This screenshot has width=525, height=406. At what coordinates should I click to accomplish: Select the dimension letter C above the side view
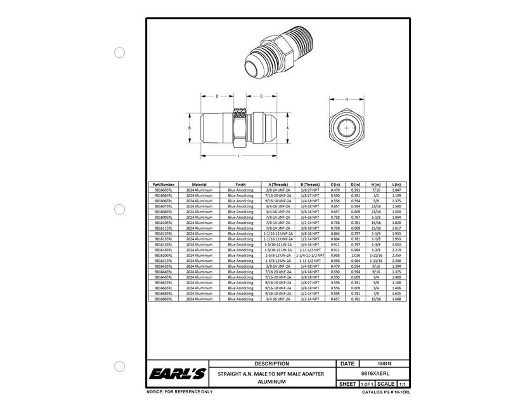[261, 96]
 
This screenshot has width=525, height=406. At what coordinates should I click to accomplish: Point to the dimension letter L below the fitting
[238, 155]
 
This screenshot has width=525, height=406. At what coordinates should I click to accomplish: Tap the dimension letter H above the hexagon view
[347, 100]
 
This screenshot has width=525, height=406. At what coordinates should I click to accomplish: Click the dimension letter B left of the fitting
[190, 128]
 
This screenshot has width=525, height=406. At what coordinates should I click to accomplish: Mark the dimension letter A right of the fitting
[288, 128]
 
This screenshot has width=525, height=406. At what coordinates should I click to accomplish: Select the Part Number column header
[164, 184]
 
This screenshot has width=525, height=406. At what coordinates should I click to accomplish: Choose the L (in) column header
[398, 184]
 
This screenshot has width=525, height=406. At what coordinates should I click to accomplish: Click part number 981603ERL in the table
[164, 190]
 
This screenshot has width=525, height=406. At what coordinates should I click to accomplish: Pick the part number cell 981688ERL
[164, 298]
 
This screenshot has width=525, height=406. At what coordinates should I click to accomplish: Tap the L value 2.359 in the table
[398, 255]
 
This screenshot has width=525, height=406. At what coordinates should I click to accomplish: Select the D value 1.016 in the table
[356, 255]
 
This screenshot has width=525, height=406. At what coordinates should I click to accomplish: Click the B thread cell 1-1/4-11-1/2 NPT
[310, 255]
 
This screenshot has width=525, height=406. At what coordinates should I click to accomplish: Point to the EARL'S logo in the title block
[177, 375]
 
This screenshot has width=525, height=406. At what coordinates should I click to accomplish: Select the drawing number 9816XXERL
[373, 374]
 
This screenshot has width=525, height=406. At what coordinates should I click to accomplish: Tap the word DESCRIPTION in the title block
[271, 364]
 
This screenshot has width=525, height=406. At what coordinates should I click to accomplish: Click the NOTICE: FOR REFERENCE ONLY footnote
[179, 392]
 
